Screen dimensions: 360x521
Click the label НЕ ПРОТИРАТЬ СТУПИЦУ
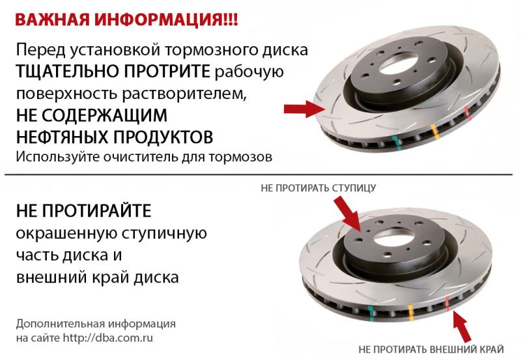point(318,189)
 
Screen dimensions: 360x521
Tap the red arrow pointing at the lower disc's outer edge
point(463,325)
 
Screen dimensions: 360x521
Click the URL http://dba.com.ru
point(113,339)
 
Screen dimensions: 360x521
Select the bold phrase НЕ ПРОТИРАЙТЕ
point(83,210)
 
